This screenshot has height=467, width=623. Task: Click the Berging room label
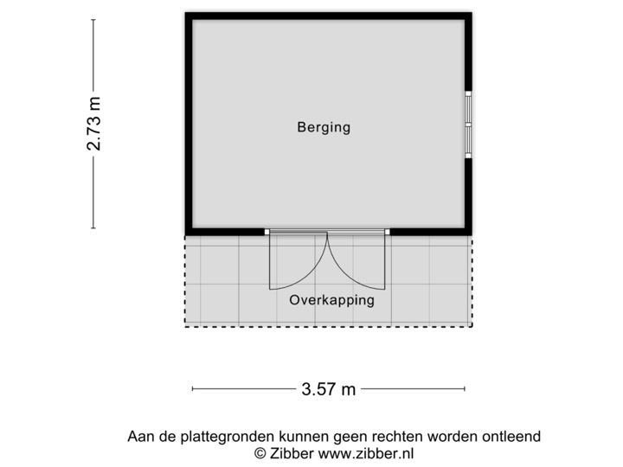(324, 128)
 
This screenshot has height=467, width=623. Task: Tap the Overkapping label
(331, 301)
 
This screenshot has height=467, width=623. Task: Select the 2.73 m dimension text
(95, 123)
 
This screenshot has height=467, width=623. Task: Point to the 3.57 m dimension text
(329, 389)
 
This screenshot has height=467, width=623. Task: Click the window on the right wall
(469, 125)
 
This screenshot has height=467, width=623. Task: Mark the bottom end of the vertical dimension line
(93, 227)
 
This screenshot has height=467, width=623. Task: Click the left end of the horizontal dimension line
(192, 389)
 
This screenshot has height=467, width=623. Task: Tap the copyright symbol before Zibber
(259, 452)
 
